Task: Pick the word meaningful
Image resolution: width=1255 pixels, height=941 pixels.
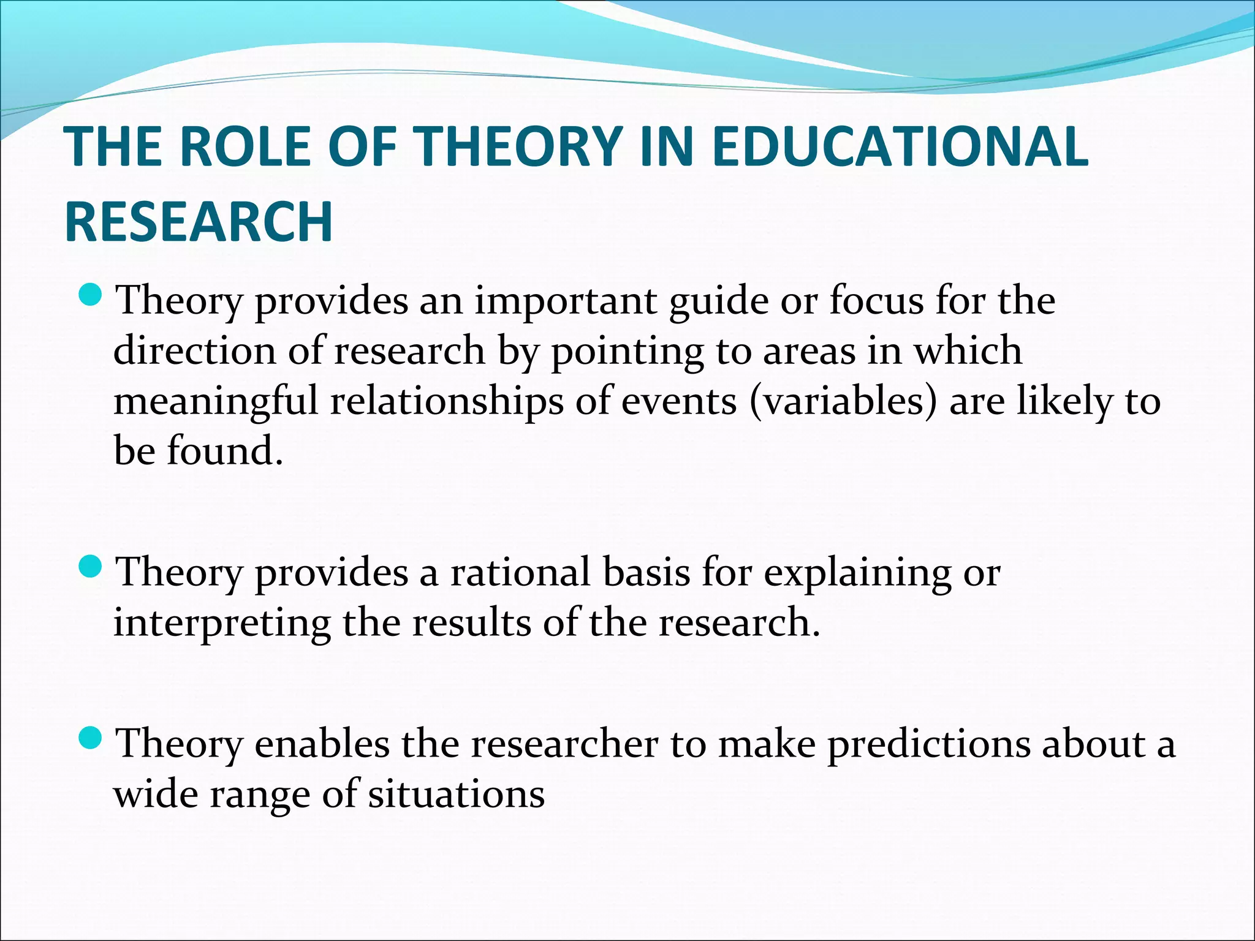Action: click(216, 403)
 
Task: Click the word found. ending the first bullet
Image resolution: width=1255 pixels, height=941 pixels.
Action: click(225, 452)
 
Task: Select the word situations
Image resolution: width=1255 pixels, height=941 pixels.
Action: click(456, 795)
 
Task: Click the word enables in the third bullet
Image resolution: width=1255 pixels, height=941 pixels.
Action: click(322, 744)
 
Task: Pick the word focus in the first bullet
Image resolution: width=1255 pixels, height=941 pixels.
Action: click(876, 301)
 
